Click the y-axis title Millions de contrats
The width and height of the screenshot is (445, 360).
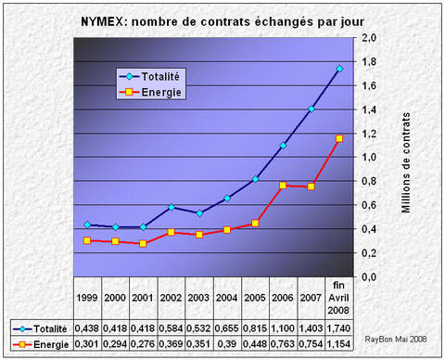pos(406,157)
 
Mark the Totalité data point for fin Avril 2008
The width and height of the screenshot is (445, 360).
pos(339,69)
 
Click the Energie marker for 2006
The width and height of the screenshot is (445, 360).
pos(283,186)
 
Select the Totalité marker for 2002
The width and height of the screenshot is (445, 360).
pos(172,207)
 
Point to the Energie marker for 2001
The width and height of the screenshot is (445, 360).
pos(143,243)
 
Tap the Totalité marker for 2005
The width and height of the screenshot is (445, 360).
pos(255,179)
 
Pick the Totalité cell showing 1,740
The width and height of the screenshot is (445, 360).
pos(339,328)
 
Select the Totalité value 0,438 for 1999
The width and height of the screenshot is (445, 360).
pos(88,328)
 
